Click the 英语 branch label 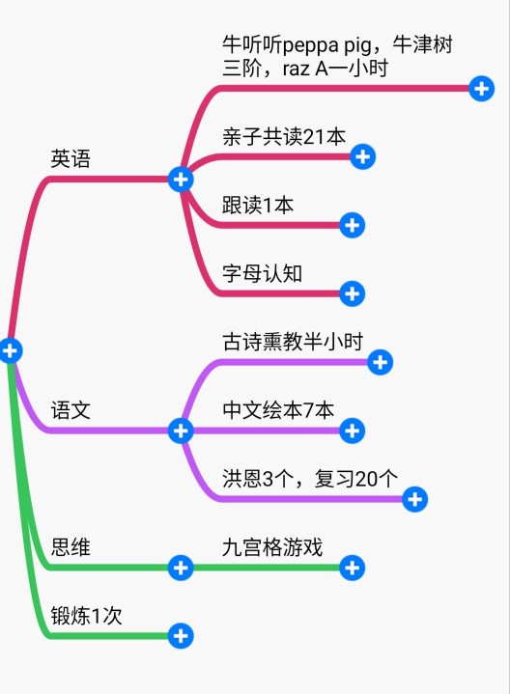[x=71, y=159]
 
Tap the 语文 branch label [x=71, y=410]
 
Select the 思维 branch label [x=71, y=547]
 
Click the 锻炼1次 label [x=86, y=616]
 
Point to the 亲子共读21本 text [x=284, y=136]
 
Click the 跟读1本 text [x=258, y=205]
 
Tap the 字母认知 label [x=263, y=273]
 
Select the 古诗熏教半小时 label [x=293, y=342]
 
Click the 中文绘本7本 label [x=278, y=410]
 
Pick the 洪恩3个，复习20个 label [x=310, y=479]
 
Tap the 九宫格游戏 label [x=272, y=547]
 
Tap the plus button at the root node [x=11, y=350]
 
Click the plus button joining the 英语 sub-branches [x=181, y=180]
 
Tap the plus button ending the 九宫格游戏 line [x=353, y=568]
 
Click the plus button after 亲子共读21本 [x=363, y=156]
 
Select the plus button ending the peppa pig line [x=482, y=89]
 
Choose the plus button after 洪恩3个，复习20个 [x=414, y=499]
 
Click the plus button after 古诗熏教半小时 [x=381, y=363]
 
